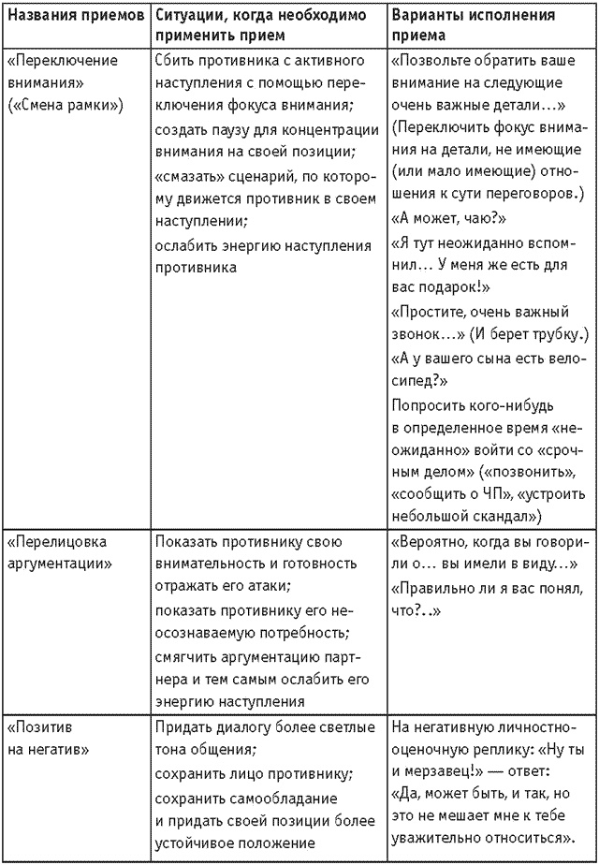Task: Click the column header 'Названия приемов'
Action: click(x=75, y=17)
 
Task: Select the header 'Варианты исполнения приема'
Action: click(x=473, y=26)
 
